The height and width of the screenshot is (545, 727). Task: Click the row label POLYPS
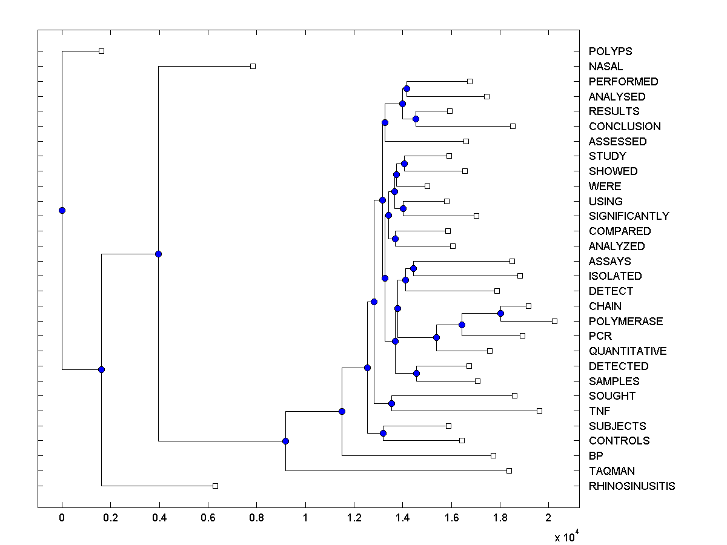(x=611, y=51)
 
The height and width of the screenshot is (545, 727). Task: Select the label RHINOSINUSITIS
(x=632, y=486)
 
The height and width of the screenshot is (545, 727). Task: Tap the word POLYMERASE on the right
(x=626, y=322)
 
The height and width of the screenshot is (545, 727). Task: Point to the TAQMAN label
(x=611, y=471)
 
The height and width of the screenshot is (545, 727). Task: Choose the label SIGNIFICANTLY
(x=629, y=216)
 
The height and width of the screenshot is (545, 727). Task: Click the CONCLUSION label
(x=625, y=127)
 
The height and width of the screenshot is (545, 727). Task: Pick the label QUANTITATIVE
(x=628, y=351)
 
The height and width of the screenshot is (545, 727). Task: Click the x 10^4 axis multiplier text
(x=566, y=537)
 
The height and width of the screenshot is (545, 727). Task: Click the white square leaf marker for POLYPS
(x=101, y=51)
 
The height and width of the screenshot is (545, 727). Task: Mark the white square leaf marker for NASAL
(x=253, y=66)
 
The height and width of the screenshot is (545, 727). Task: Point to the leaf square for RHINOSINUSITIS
(x=215, y=486)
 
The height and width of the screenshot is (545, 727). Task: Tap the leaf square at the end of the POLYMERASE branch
(x=554, y=321)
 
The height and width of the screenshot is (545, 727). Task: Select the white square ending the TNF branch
(x=539, y=411)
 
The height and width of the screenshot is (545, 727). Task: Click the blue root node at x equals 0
(x=62, y=210)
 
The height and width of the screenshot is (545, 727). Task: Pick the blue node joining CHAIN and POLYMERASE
(x=500, y=313)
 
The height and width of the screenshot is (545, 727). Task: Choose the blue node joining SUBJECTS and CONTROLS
(x=383, y=433)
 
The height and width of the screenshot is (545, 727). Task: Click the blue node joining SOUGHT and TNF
(x=391, y=403)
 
